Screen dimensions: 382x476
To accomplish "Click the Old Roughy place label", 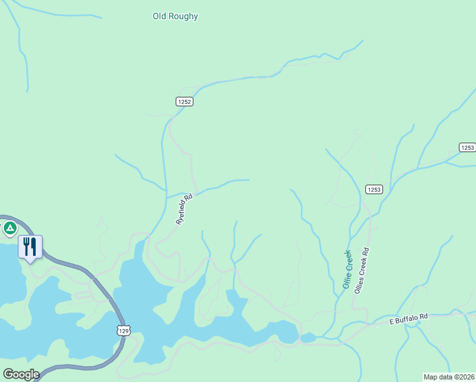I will tap(175, 16).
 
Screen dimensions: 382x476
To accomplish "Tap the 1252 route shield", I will tap(185, 101).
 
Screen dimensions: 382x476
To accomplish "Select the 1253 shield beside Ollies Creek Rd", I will tap(374, 189).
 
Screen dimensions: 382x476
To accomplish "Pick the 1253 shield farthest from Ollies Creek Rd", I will tap(467, 148).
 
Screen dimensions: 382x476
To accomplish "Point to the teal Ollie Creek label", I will tap(347, 269).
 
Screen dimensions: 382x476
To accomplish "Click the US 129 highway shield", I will tap(124, 330).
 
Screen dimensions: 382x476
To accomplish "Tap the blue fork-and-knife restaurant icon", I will tap(30, 246).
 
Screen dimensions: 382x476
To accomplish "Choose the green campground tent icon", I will tap(10, 227).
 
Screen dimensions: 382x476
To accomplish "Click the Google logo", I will tap(21, 374).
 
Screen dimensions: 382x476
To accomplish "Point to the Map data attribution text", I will tap(449, 377).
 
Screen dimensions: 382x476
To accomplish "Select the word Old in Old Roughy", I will tap(160, 16).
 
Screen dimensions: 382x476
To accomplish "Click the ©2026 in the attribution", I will tap(463, 377).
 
